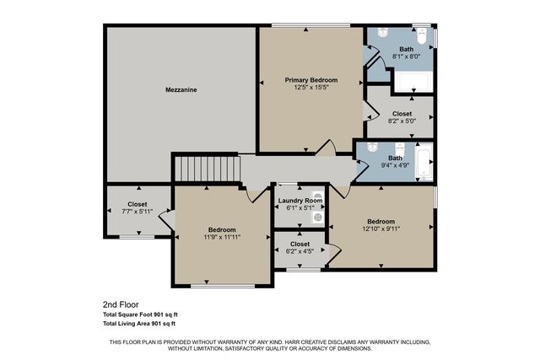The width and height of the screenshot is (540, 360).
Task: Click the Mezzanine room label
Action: click(181, 89)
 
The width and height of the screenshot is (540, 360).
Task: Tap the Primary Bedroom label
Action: click(310, 78)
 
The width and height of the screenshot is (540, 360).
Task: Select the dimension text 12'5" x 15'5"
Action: click(310, 87)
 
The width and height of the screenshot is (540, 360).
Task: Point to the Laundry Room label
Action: click(300, 201)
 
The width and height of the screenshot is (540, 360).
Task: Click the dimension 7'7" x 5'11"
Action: click(137, 212)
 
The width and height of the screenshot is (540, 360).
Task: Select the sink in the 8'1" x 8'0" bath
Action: click(382, 33)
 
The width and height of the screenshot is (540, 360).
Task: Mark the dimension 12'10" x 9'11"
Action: click(381, 229)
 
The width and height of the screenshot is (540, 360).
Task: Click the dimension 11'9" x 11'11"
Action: click(223, 238)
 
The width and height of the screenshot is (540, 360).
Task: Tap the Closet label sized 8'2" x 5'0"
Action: click(402, 113)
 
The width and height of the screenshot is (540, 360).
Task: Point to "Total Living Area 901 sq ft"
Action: click(138, 324)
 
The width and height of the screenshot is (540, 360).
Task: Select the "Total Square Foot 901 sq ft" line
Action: click(140, 314)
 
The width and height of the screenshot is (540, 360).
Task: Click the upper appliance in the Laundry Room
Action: click(317, 196)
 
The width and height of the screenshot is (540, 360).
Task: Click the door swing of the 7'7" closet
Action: click(165, 221)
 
